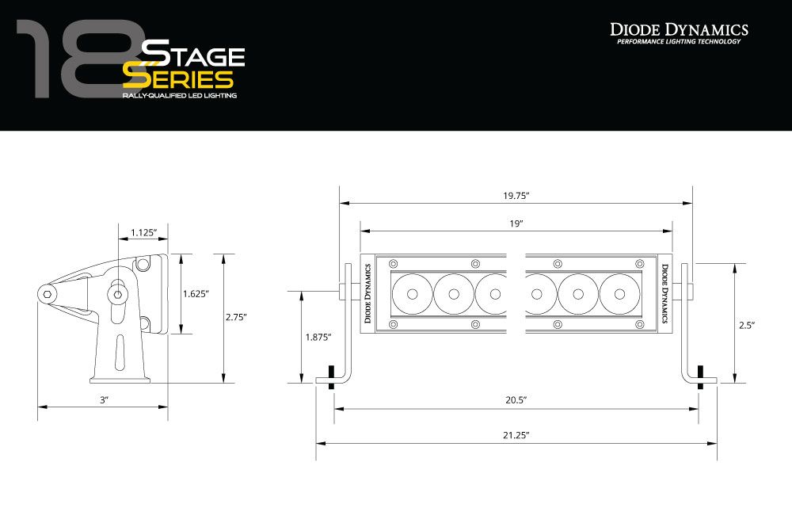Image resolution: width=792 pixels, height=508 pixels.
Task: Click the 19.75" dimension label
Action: [x=516, y=195]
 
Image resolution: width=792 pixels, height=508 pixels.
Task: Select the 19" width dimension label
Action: [x=516, y=224]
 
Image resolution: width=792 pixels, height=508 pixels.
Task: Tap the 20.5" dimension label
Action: [x=515, y=401]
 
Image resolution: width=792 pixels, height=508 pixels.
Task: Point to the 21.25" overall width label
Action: [x=515, y=435]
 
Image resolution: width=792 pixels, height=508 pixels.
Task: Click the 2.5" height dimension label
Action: [x=746, y=325]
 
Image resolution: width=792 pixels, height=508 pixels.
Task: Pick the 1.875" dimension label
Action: [x=318, y=337]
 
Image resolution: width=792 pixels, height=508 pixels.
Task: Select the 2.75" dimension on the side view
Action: [x=236, y=317]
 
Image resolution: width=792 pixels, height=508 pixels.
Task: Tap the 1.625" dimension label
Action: [x=196, y=294]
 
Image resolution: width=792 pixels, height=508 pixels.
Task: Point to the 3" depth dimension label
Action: [x=103, y=401]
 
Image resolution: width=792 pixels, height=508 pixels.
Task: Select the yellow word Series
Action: [x=177, y=79]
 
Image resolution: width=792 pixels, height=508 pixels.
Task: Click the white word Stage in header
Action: [x=192, y=55]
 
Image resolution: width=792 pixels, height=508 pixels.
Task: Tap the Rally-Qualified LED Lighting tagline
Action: [x=179, y=96]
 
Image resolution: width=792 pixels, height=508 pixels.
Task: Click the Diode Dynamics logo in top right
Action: [x=679, y=32]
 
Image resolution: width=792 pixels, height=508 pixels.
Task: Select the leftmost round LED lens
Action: [x=412, y=294]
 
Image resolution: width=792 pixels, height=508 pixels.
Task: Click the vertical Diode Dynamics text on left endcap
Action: [x=367, y=293]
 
